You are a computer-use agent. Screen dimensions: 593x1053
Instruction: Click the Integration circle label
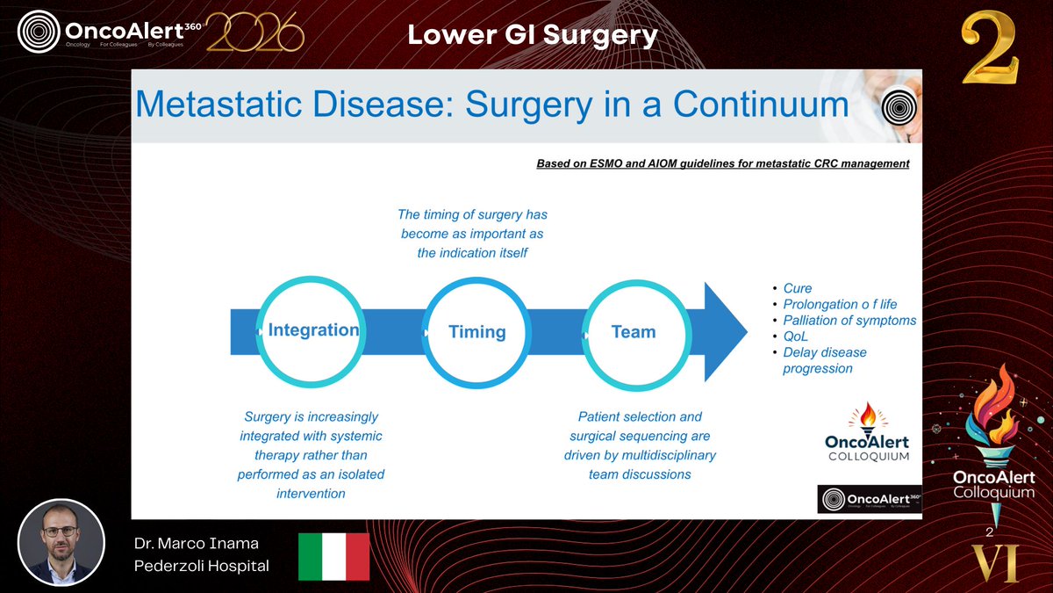click(313, 330)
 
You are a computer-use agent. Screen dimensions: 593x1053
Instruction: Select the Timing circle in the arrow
click(476, 332)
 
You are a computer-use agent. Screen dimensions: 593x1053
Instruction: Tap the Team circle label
click(633, 332)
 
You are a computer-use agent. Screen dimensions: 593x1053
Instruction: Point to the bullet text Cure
click(797, 288)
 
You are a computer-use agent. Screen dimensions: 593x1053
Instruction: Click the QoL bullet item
click(797, 336)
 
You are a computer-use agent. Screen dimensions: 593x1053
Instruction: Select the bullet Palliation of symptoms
click(849, 320)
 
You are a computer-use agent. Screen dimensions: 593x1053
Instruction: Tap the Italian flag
click(333, 556)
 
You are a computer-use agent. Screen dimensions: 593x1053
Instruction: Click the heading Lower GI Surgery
click(533, 35)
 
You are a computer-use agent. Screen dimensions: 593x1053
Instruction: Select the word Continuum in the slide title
click(760, 105)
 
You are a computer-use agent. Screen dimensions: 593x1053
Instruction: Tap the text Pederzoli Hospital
click(201, 566)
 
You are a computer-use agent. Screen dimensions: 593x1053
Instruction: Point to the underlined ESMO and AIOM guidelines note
click(722, 163)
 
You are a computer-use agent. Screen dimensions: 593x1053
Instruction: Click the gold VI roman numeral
click(994, 564)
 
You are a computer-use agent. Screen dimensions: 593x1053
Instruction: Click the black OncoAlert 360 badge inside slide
click(869, 499)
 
